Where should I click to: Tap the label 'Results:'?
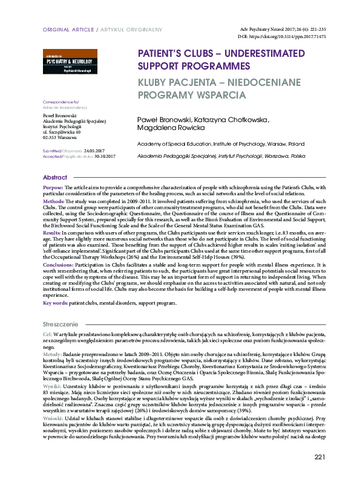coord(53,232)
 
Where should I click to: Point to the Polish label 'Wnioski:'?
coord(53,418)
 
